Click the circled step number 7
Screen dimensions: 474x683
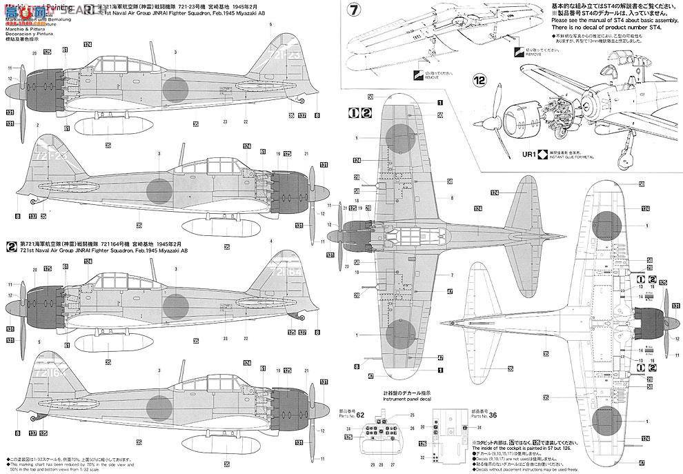tap(353, 12)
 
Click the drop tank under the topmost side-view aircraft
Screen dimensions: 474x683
tap(103, 126)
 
